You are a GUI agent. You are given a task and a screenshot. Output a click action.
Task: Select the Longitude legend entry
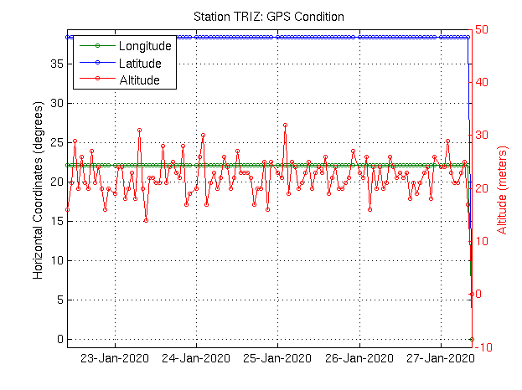point(144,45)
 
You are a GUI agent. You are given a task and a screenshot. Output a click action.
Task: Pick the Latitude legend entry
point(139,63)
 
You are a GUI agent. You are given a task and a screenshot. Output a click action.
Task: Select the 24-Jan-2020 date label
point(197,357)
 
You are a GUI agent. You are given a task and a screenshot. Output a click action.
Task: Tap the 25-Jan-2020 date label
point(278,357)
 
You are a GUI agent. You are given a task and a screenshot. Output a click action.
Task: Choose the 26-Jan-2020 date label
point(360,357)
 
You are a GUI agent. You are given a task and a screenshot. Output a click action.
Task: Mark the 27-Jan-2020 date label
point(442,357)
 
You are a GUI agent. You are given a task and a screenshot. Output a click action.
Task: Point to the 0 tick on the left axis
point(59,339)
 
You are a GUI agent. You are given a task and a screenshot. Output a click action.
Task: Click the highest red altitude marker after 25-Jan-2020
point(286,125)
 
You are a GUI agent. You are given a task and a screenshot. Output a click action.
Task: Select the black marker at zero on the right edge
point(472,339)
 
